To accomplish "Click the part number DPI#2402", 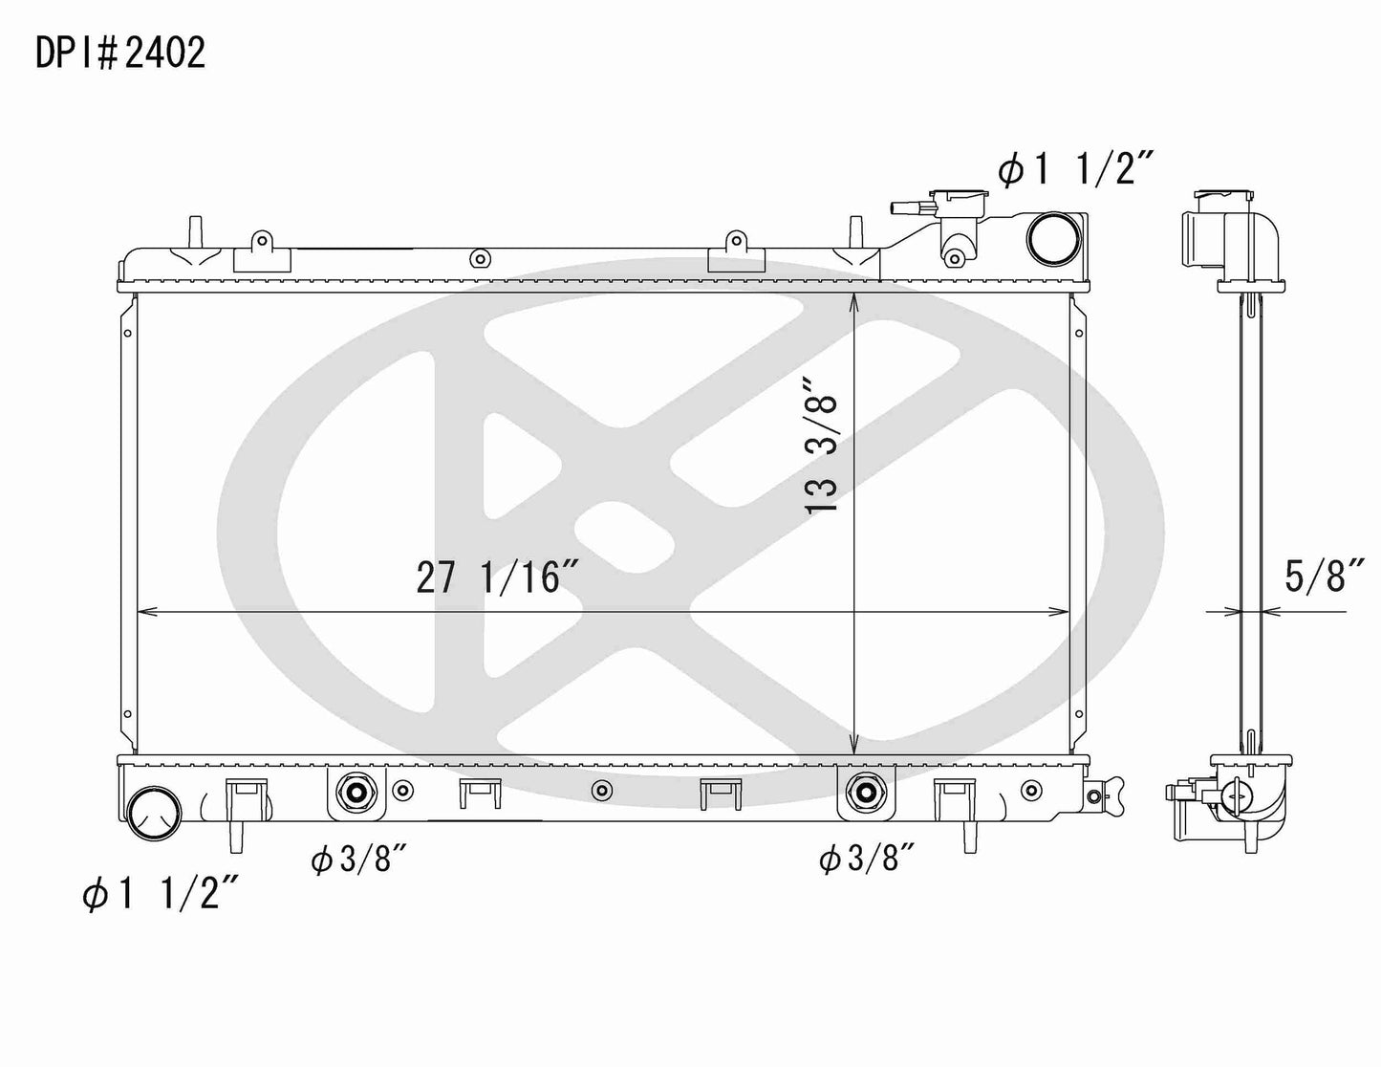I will (x=119, y=54).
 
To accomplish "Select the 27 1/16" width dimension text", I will (x=498, y=577).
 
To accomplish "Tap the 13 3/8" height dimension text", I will (x=823, y=446).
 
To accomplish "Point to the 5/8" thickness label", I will (x=1323, y=577).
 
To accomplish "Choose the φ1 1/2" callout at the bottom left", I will (x=160, y=896).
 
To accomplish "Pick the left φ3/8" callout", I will (x=359, y=860).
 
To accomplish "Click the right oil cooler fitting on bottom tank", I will (x=866, y=792).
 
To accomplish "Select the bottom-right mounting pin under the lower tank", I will (x=967, y=834).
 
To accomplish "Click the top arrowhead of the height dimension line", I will (x=853, y=302).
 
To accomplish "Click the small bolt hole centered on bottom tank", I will (x=601, y=791).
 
